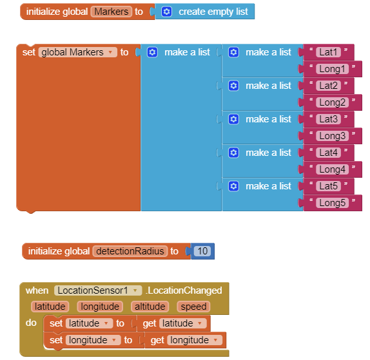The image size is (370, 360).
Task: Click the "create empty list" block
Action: (x=205, y=12)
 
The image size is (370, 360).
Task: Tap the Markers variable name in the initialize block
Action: (x=112, y=12)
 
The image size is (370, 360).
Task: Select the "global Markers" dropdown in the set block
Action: (x=77, y=52)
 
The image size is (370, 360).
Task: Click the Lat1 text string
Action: (x=328, y=52)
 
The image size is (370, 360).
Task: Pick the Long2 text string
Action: (x=332, y=102)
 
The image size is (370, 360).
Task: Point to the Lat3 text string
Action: (x=328, y=119)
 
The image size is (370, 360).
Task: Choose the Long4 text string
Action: (x=332, y=169)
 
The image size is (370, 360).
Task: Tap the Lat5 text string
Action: (x=328, y=186)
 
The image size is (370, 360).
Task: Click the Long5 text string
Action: (x=332, y=203)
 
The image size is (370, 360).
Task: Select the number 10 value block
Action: (x=202, y=251)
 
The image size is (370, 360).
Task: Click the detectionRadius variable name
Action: (x=130, y=251)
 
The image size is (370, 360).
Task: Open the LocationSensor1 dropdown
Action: (x=98, y=290)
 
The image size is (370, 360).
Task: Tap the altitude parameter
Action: (x=150, y=307)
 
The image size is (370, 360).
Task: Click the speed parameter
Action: (x=193, y=307)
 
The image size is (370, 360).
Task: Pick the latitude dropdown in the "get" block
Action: (x=183, y=323)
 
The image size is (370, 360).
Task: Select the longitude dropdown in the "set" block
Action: (x=93, y=340)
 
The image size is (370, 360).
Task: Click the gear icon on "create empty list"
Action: (x=166, y=12)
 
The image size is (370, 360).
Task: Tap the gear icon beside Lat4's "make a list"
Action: (x=233, y=153)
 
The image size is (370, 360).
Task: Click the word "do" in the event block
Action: (x=31, y=323)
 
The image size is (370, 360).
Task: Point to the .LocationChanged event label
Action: (x=184, y=290)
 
